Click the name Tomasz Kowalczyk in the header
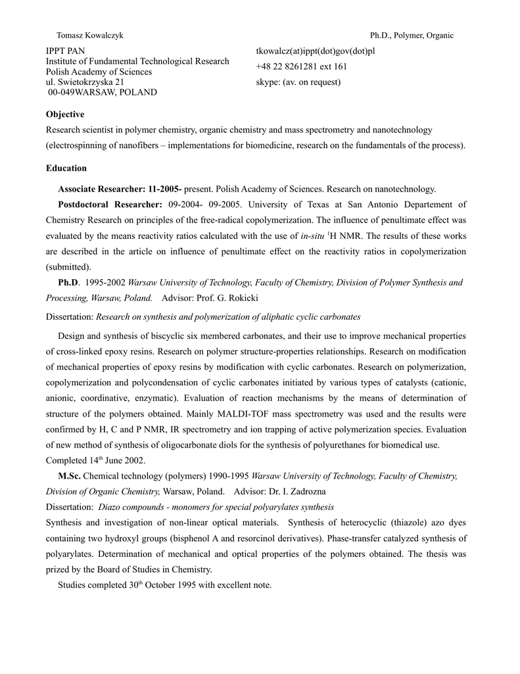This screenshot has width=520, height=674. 90,36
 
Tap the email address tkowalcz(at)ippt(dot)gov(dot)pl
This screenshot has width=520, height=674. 315,51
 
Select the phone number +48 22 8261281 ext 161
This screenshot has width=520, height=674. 302,66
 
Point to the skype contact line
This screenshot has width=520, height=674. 298,82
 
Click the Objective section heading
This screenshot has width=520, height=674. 65,115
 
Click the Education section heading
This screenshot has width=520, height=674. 66,168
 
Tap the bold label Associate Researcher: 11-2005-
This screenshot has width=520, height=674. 120,189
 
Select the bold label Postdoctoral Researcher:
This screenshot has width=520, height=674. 110,205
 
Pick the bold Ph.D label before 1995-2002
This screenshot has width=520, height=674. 68,283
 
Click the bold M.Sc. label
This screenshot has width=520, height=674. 69,476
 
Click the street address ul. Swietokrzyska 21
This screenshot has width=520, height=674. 84,82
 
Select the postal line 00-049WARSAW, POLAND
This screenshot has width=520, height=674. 103,93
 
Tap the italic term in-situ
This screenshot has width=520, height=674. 323,236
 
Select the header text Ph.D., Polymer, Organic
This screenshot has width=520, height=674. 412,36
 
